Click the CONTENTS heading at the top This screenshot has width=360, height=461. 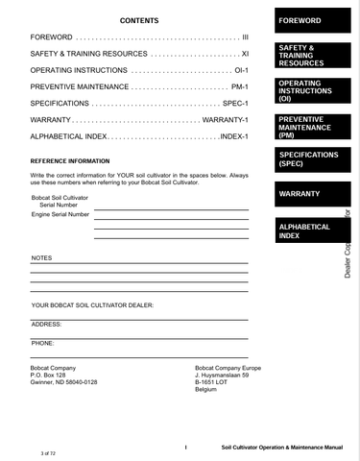pos(139,20)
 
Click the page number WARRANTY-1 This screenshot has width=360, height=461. pos(227,120)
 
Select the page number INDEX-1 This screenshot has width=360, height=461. pos(234,136)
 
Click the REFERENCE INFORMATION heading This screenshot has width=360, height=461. pos(70,160)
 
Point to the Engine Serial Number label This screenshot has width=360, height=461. pos(60,214)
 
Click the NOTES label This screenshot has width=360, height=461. pos(42,258)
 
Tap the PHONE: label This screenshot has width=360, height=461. pos(43,342)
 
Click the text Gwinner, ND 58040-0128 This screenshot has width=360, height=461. pos(64,382)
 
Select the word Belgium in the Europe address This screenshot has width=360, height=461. pos(206,389)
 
